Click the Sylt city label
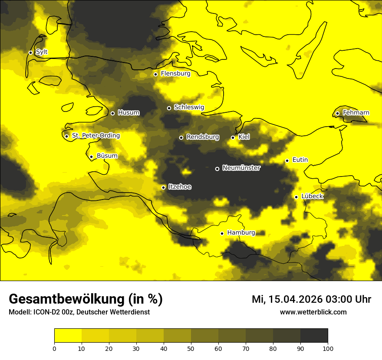pos(42,52)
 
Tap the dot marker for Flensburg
pos(155,74)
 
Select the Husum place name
pos(129,113)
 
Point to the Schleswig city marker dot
pos(169,108)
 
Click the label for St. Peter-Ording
pos(96,136)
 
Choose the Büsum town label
pos(107,156)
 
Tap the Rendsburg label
pos(203,137)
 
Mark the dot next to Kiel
pos(233,137)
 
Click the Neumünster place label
pos(241,168)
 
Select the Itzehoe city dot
pos(163,187)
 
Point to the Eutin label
pos(300,160)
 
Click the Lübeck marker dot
pos(296,197)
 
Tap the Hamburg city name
pos(241,233)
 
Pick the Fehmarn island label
pos(356,113)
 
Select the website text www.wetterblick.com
pos(313,312)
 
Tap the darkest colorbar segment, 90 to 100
pos(314,336)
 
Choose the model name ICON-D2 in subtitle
pos(45,312)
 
